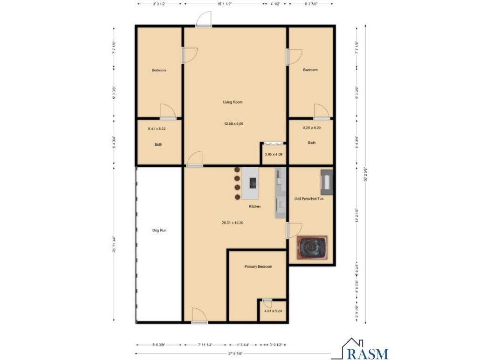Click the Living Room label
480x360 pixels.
click(232, 102)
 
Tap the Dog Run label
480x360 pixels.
click(159, 230)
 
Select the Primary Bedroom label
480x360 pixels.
click(258, 266)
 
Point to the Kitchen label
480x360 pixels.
click(254, 206)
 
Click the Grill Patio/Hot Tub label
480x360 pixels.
click(309, 198)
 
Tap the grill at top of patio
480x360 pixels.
click(326, 182)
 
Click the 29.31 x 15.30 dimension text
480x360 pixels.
click(232, 223)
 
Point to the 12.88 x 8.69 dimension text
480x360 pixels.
click(233, 124)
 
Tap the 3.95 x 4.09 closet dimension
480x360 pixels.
click(273, 154)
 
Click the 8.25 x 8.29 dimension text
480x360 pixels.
click(311, 128)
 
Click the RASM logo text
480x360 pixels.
click(368, 353)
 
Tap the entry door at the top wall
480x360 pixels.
click(204, 20)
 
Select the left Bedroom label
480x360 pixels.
click(159, 70)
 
